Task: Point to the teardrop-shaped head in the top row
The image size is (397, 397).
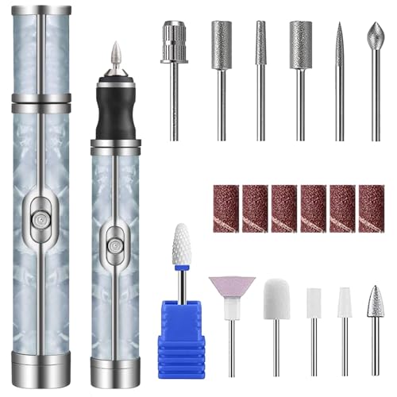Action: pyautogui.click(x=376, y=36)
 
